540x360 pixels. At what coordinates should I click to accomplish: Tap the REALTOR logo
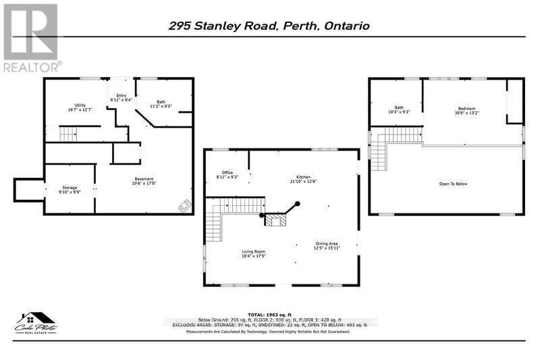point(31,38)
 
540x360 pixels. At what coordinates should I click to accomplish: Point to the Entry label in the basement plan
point(122,98)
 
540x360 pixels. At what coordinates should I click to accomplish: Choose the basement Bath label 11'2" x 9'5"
point(160,104)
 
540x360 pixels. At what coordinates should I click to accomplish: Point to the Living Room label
point(254,254)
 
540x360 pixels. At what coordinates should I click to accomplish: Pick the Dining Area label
point(327,246)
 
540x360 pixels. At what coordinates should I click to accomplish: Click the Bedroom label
point(466,111)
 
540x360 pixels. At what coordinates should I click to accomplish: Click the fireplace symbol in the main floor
point(275,220)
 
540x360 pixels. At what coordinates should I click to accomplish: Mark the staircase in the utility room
point(67,134)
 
